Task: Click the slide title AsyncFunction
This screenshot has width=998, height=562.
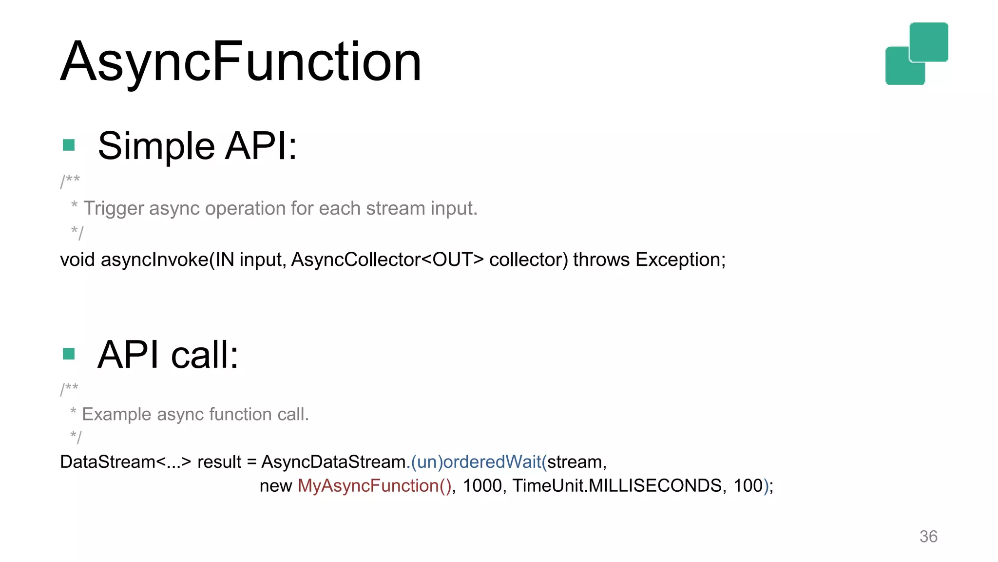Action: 241,62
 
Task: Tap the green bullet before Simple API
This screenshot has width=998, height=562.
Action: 69,145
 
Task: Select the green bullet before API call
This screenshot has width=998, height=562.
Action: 69,354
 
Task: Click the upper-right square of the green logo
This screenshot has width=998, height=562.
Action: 929,41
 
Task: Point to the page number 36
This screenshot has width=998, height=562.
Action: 928,536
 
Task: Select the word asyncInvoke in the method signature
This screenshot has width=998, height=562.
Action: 154,260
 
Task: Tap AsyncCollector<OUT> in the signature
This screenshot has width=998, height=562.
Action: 387,260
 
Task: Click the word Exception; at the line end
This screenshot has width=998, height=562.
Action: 680,260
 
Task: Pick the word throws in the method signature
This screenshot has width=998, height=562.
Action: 601,260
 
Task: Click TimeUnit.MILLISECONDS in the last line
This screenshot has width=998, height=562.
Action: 617,486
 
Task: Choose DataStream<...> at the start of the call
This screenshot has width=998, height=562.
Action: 125,462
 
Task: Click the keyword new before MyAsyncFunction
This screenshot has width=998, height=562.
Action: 275,486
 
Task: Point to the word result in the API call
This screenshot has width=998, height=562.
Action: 219,462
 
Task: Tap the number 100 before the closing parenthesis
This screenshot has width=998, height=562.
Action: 748,486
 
